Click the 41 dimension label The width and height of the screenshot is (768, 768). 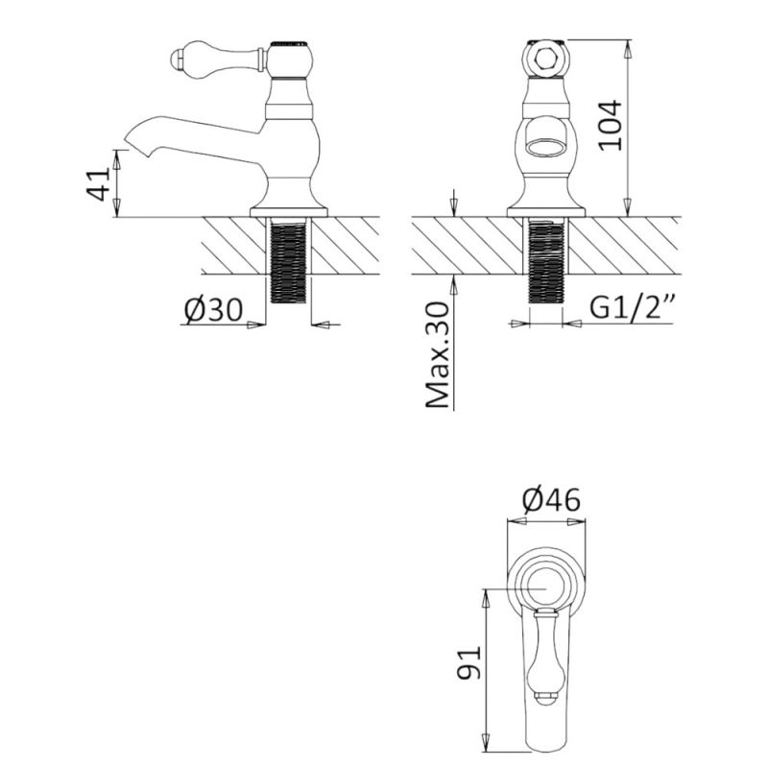99,184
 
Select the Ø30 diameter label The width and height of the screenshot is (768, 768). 213,310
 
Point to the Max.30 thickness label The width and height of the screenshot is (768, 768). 438,354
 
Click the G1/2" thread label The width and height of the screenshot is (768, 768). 632,308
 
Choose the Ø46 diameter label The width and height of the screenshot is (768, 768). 551,500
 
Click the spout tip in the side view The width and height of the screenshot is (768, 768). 132,140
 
